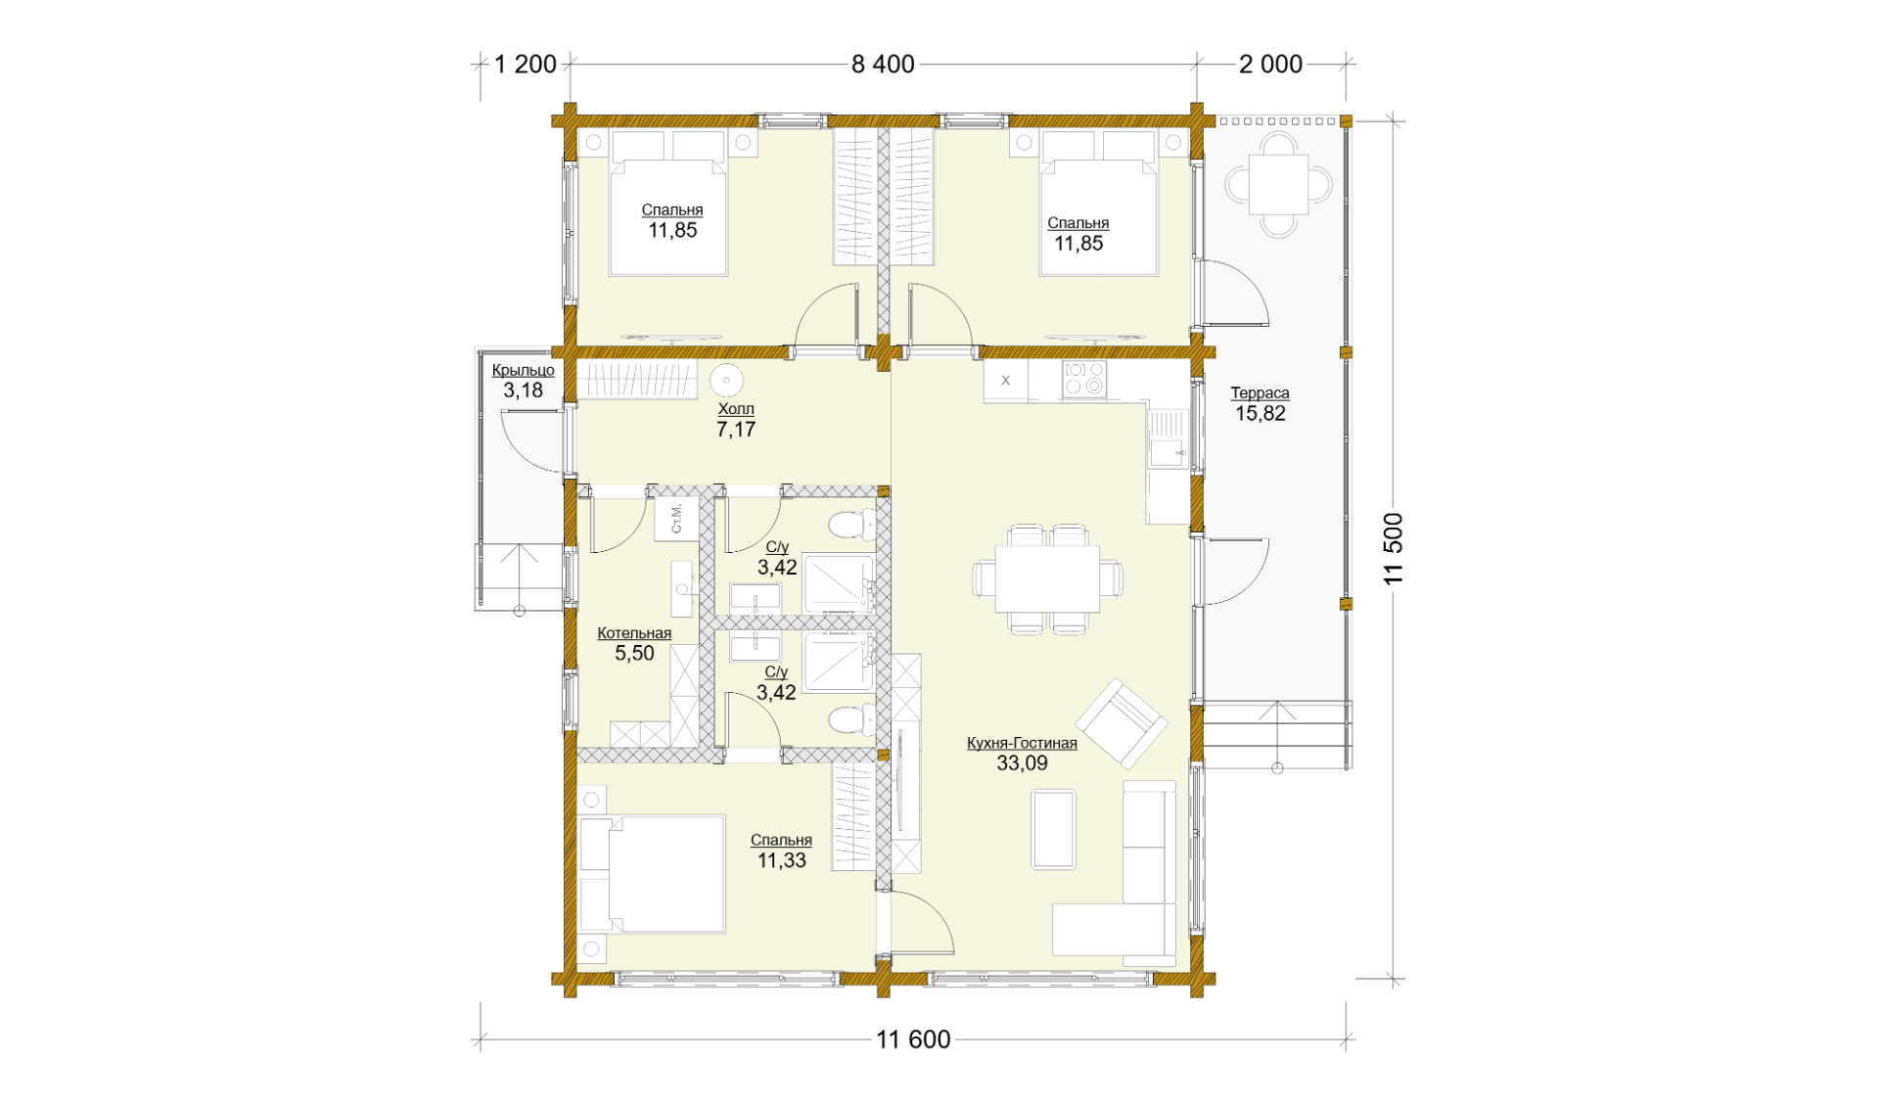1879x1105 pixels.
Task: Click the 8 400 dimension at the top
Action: coord(883,65)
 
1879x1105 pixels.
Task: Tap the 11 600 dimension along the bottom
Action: coord(913,1039)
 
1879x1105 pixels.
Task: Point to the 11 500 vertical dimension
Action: coord(1394,549)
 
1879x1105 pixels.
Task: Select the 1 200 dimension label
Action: coord(526,65)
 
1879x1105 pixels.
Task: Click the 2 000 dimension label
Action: coord(1270,65)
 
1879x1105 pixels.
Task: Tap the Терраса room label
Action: coord(1260,393)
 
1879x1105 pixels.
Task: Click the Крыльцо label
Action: coord(523,371)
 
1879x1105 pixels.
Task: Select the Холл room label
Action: coord(736,409)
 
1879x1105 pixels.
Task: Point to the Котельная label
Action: coord(634,633)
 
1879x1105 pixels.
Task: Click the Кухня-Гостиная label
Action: coord(1022,743)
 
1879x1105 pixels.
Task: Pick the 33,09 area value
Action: coord(1022,763)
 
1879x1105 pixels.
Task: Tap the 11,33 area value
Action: coord(782,860)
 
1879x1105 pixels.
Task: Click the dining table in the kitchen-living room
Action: coord(1047,578)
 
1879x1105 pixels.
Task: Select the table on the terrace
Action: coord(1278,184)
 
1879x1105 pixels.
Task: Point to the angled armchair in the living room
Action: coord(1122,723)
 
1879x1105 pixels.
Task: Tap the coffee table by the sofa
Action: coord(1053,830)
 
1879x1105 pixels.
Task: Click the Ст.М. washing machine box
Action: coord(676,519)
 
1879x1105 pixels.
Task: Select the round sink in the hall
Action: coord(726,379)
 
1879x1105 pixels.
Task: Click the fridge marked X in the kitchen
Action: coord(1006,381)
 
